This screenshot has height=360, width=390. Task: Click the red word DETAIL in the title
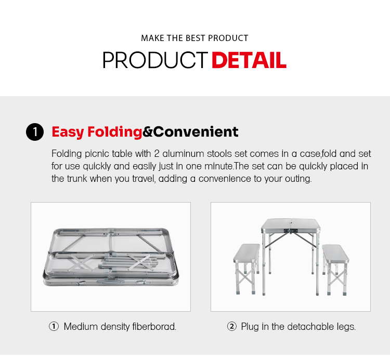tap(249, 60)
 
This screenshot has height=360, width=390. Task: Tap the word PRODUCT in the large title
tap(155, 60)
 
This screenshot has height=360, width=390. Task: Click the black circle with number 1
tap(35, 132)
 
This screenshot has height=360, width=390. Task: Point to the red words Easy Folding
tap(97, 132)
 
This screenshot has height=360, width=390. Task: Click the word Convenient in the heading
tap(196, 131)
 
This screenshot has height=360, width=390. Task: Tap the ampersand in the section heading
tap(148, 132)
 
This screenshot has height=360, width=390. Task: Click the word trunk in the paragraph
tap(77, 179)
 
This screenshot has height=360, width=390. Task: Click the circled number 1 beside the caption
tap(54, 326)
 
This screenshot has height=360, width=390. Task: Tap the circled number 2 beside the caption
tap(231, 326)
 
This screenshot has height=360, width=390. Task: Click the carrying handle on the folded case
tap(110, 282)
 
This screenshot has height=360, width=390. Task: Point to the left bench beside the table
tap(246, 269)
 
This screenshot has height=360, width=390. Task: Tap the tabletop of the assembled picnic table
tap(291, 224)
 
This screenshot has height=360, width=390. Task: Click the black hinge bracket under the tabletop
tap(291, 231)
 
